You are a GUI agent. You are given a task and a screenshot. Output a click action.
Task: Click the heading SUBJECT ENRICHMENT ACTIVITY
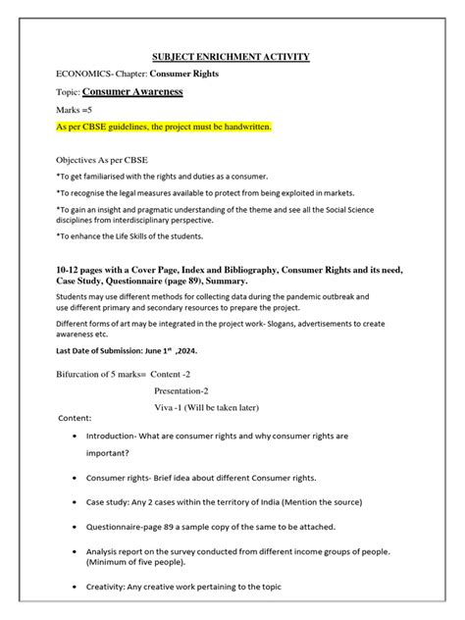coord(232,57)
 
